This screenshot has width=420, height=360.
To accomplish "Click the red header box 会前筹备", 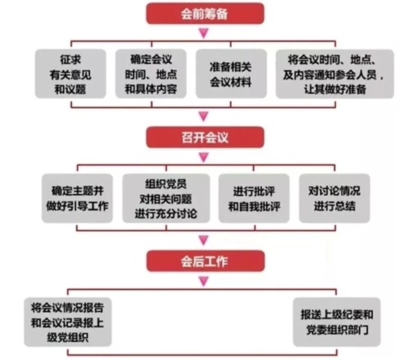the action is [x=205, y=13].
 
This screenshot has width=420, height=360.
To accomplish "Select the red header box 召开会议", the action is [x=205, y=137].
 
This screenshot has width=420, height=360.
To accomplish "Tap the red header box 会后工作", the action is [x=205, y=261].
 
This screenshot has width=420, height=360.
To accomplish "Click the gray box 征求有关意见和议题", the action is [x=70, y=73].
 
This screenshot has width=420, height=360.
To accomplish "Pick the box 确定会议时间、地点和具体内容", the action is [x=151, y=73].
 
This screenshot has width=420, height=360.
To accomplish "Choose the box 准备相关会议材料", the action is [x=231, y=73].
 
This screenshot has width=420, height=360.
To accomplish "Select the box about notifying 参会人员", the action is [x=334, y=74].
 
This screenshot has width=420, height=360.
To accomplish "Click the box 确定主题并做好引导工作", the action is [x=77, y=198].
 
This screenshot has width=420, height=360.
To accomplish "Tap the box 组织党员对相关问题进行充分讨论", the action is [x=166, y=198].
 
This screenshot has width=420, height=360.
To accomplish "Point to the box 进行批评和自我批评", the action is [x=254, y=198].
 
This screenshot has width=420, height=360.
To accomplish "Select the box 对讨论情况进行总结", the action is [x=334, y=198].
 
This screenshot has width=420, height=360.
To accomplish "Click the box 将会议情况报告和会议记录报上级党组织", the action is [x=67, y=322].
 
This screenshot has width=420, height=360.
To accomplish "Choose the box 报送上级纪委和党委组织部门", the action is [x=337, y=322].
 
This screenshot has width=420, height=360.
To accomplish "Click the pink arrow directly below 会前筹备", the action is [x=204, y=33].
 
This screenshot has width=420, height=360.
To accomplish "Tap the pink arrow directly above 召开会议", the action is [x=204, y=116].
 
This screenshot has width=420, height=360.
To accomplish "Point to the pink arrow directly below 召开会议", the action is [x=204, y=157].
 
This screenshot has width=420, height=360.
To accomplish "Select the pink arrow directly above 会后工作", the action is [x=204, y=240].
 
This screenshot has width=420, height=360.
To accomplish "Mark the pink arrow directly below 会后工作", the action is [x=204, y=281].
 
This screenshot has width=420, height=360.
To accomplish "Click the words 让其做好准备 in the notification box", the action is [x=334, y=89].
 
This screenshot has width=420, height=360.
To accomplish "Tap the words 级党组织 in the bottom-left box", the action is [x=67, y=337].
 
